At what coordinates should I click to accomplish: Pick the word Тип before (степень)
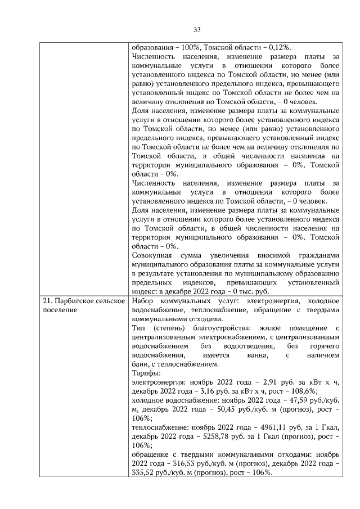coord(137,328)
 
